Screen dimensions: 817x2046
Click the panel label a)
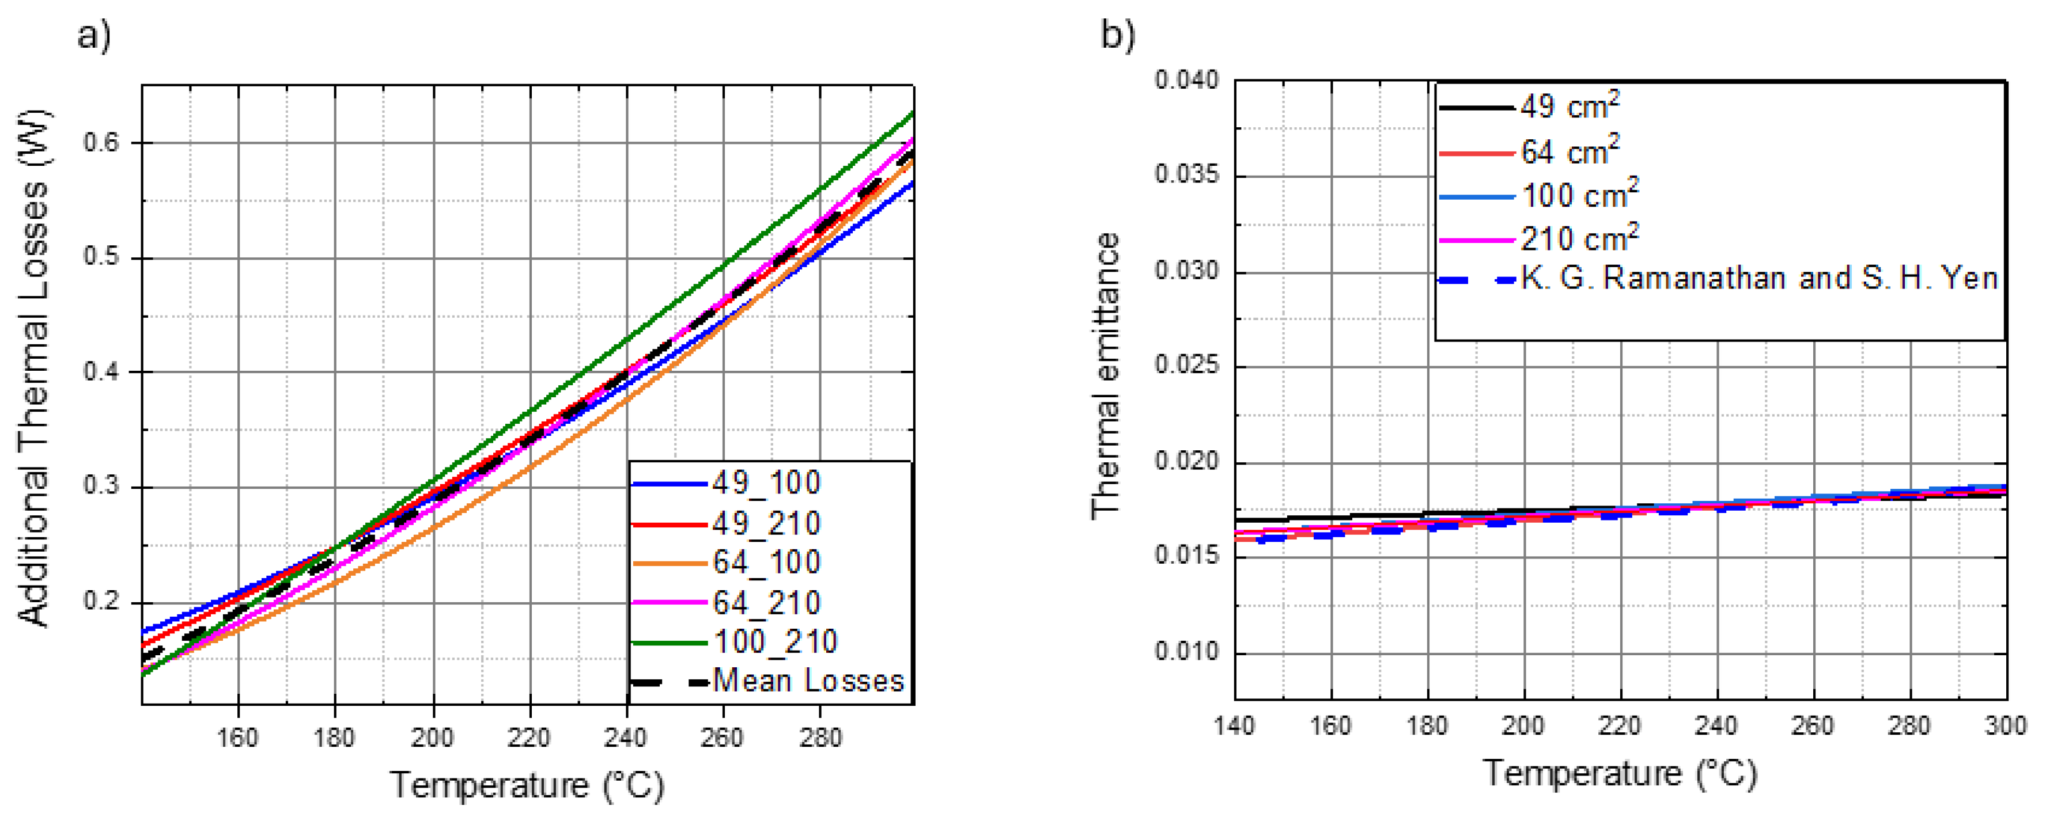[x=94, y=36]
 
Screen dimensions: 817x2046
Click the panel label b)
[x=1118, y=36]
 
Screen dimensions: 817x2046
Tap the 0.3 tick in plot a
[x=101, y=486]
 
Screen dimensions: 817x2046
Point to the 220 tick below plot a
[x=529, y=738]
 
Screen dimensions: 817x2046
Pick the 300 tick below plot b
[x=2005, y=725]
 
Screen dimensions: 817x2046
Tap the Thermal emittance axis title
[x=1106, y=377]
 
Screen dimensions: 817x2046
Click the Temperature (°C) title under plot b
[x=1620, y=773]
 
